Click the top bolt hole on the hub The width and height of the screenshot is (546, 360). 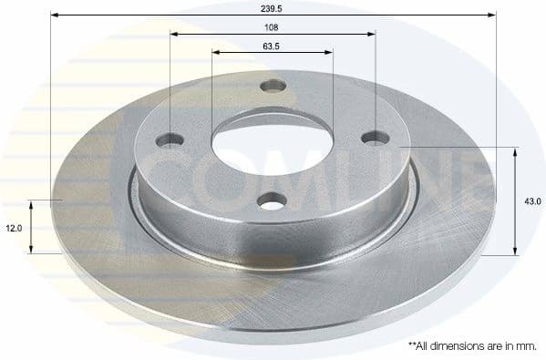pos(271,87)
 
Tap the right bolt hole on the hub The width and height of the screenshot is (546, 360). pos(375,137)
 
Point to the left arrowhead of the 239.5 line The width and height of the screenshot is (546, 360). pos(54,15)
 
